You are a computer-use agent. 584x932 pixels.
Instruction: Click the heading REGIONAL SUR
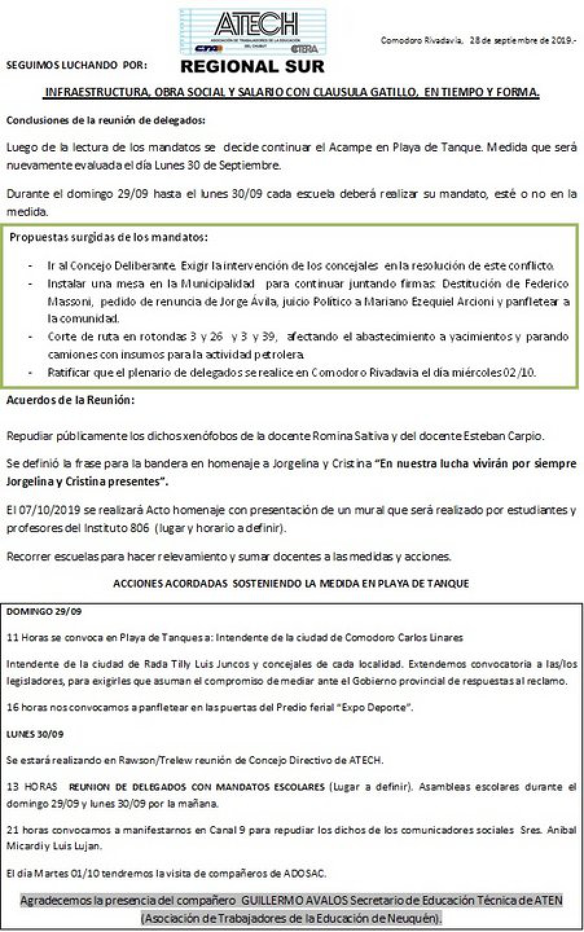click(x=253, y=66)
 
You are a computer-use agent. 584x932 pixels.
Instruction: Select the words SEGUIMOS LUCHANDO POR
click(x=76, y=65)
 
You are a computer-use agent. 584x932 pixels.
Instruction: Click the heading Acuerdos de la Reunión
click(x=71, y=399)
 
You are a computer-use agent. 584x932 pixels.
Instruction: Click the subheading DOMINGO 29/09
click(x=43, y=611)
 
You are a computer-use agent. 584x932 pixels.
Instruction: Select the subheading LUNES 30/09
click(x=36, y=734)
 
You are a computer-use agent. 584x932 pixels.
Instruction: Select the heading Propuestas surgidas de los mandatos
click(x=109, y=237)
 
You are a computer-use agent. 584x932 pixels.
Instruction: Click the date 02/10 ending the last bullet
click(x=522, y=372)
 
